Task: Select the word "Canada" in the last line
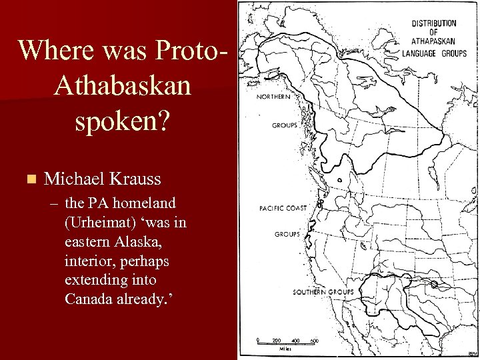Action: (x=87, y=299)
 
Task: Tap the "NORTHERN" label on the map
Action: (x=273, y=97)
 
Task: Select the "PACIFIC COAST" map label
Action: (x=283, y=209)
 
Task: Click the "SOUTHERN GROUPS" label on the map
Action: (x=323, y=293)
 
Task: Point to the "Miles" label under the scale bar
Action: (x=285, y=348)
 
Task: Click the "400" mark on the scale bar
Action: (x=295, y=341)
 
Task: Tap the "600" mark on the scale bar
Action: (x=314, y=341)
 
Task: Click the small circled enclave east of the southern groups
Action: (x=434, y=285)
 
